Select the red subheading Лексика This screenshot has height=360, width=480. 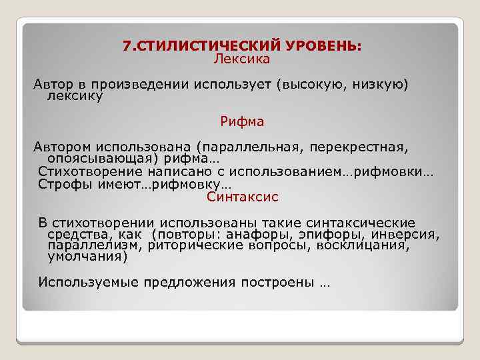(x=241, y=59)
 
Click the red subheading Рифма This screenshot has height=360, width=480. (x=242, y=121)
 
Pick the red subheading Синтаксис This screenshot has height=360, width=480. (x=242, y=197)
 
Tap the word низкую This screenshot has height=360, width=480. (x=377, y=86)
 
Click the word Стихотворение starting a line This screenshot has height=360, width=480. (x=86, y=172)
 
